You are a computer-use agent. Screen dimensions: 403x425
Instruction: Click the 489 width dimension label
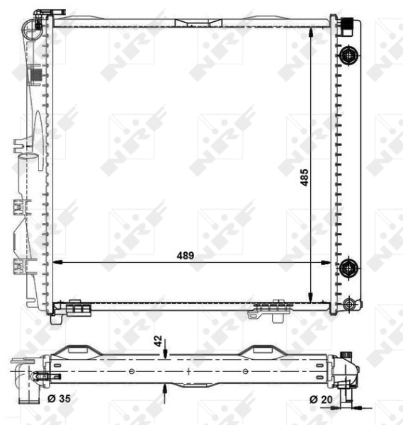tap(186, 255)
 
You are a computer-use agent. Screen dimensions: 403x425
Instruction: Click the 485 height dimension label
tap(305, 178)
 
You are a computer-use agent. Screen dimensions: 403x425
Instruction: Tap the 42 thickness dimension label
tap(158, 341)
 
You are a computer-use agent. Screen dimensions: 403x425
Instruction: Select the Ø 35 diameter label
tap(59, 398)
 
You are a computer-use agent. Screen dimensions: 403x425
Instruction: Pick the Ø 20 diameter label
tap(321, 399)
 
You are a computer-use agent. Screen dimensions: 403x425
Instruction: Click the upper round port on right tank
tap(348, 55)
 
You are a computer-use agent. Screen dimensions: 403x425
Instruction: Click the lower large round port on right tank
tap(348, 268)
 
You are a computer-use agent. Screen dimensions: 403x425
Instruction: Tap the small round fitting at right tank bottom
tap(348, 304)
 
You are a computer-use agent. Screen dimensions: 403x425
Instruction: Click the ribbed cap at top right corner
tap(346, 23)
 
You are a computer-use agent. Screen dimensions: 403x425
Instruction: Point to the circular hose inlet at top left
tap(32, 29)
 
